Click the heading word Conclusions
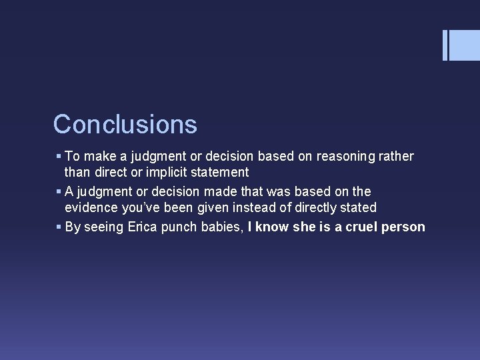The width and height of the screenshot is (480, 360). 125,125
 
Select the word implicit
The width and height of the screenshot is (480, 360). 167,173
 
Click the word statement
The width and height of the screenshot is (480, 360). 221,173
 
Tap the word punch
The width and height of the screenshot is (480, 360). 181,227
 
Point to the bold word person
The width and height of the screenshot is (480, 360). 403,227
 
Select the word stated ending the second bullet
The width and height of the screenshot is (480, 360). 359,208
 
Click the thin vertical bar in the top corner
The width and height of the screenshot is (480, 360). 445,45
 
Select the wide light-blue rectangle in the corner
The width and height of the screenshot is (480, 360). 465,45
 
